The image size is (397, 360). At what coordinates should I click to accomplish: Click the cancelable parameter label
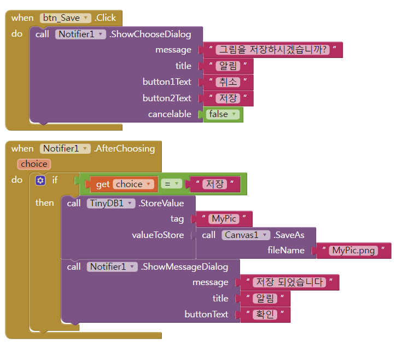coord(170,114)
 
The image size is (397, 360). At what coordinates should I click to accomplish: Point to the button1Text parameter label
coord(167,82)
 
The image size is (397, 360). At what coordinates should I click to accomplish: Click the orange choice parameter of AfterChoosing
coord(34,164)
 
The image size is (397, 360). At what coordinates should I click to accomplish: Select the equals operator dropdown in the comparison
coord(172,184)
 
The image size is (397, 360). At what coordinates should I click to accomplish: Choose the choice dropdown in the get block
coord(133,184)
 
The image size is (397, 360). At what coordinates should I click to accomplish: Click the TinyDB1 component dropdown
coord(111,204)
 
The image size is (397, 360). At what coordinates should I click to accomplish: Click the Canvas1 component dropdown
coord(246,235)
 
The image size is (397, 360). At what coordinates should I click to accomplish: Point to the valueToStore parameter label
coord(158,235)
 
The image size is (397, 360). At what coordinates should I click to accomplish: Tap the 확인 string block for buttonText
coord(264,315)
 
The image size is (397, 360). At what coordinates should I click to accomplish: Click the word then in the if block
coord(45,202)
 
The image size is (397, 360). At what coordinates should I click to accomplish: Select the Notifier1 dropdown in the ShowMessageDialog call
coord(112,267)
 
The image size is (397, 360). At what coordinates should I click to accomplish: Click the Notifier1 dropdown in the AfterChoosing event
coord(65,148)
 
